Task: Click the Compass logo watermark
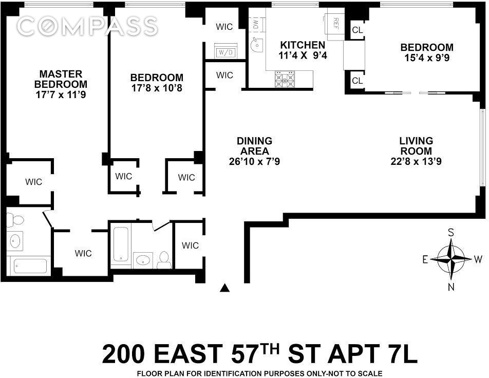[87, 26]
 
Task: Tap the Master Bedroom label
[61, 79]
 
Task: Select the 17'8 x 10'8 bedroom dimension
[157, 88]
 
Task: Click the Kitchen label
[295, 45]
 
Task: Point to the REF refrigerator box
[335, 23]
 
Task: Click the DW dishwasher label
[255, 23]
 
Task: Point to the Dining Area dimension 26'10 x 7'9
[255, 161]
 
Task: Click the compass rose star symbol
[450, 259]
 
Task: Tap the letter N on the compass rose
[451, 287]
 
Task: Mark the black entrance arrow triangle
[224, 288]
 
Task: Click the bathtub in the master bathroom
[30, 266]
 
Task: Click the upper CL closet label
[357, 30]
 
